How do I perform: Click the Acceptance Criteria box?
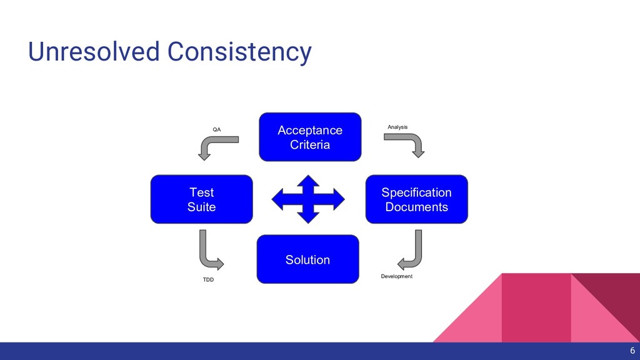(310, 137)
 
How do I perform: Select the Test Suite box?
(201, 199)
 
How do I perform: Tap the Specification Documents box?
(416, 199)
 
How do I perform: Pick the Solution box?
(307, 259)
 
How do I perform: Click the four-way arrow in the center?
(307, 199)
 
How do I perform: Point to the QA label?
(217, 129)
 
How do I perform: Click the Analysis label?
(397, 127)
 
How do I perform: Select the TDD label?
(208, 280)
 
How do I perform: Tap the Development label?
(397, 276)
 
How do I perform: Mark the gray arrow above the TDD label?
(209, 250)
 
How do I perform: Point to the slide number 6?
(632, 351)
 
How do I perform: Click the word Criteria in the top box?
(310, 145)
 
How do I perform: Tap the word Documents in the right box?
(416, 207)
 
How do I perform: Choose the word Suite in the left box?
(201, 207)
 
